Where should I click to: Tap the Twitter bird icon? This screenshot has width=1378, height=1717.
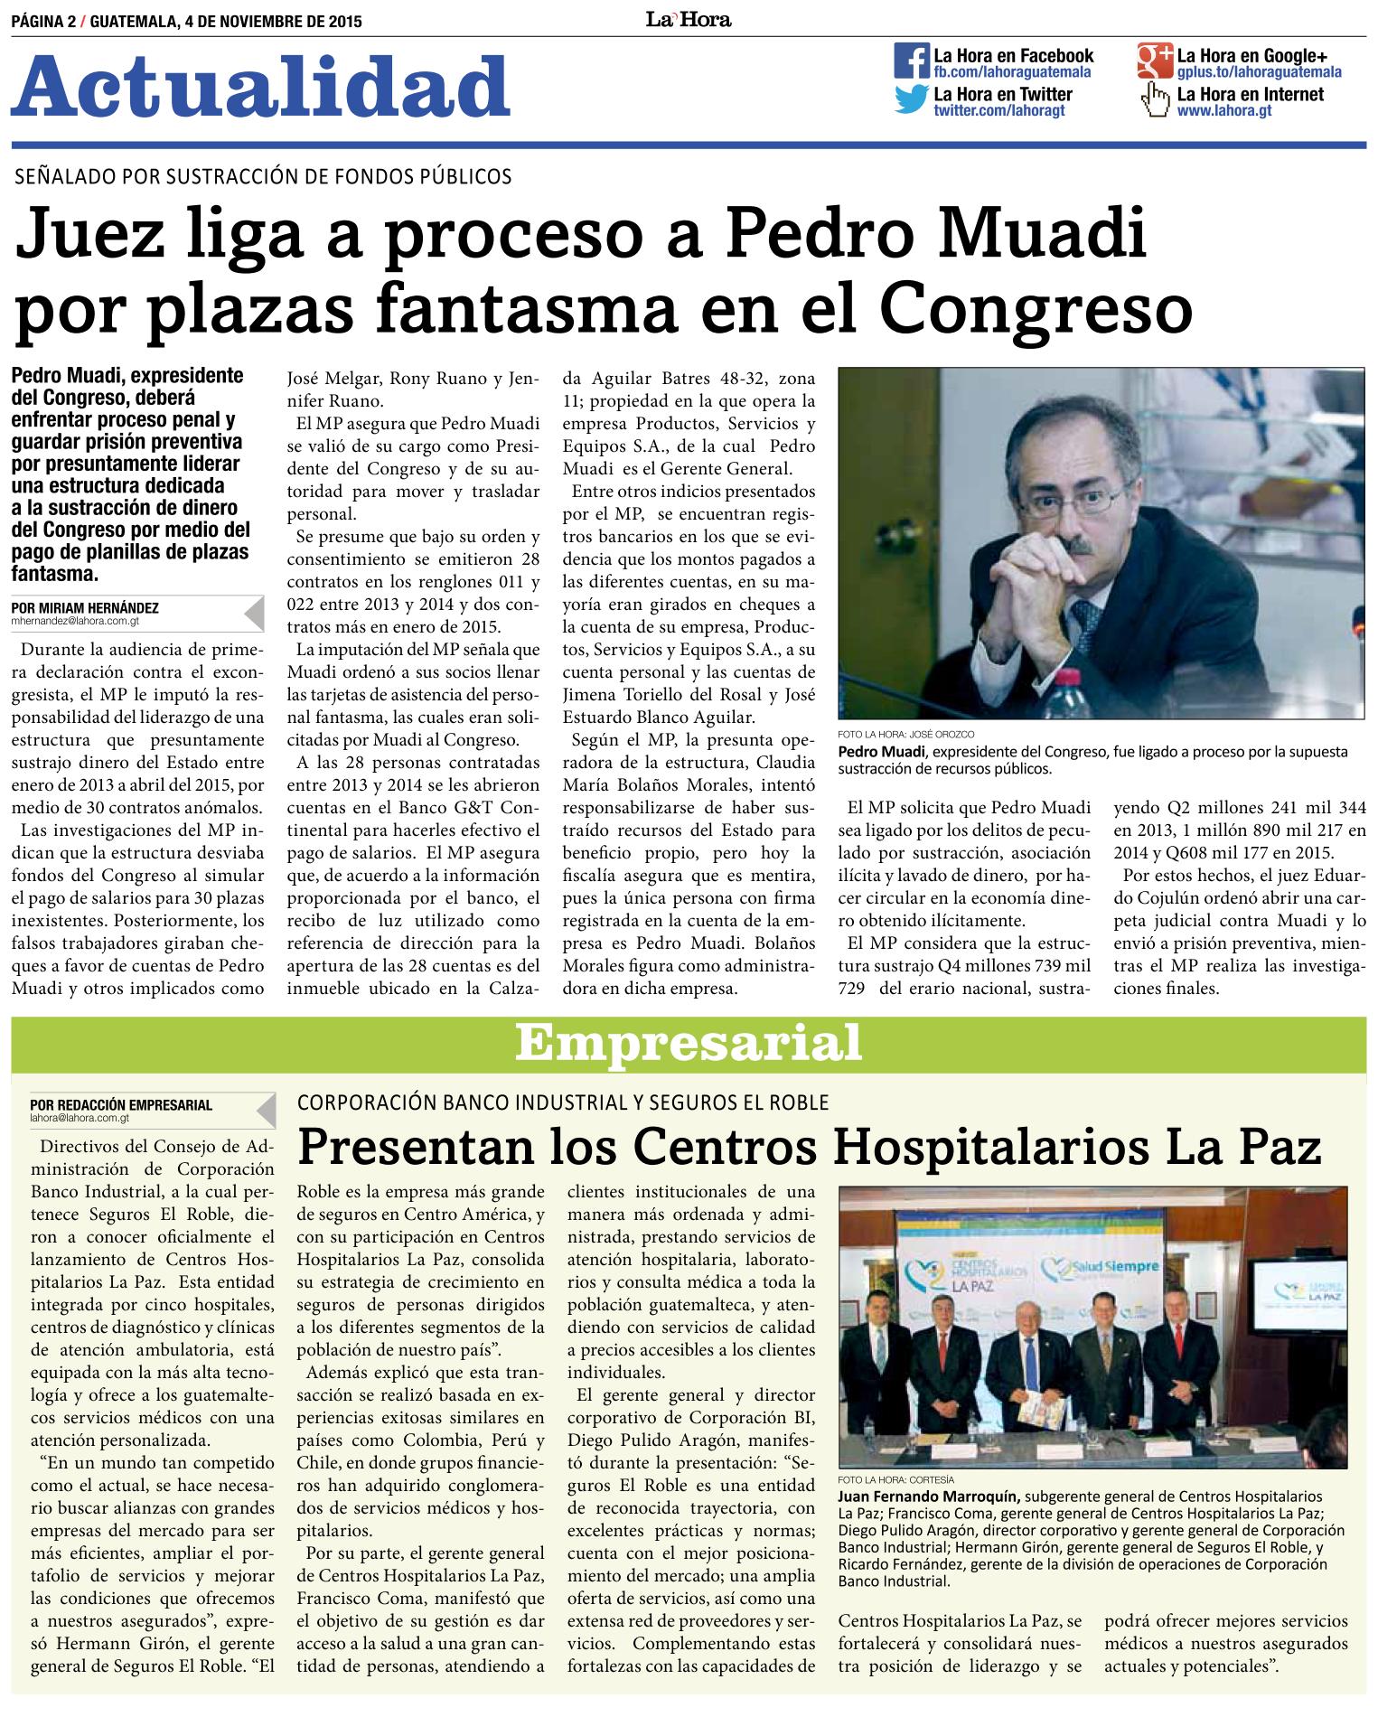point(912,99)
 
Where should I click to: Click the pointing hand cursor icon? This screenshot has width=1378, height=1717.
point(1154,99)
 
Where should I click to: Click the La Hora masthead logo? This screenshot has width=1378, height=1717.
point(688,19)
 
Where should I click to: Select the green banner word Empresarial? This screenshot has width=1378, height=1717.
point(688,1044)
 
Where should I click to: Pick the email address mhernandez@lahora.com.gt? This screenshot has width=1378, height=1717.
point(76,622)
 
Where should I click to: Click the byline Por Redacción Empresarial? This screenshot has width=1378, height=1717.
point(121,1104)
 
